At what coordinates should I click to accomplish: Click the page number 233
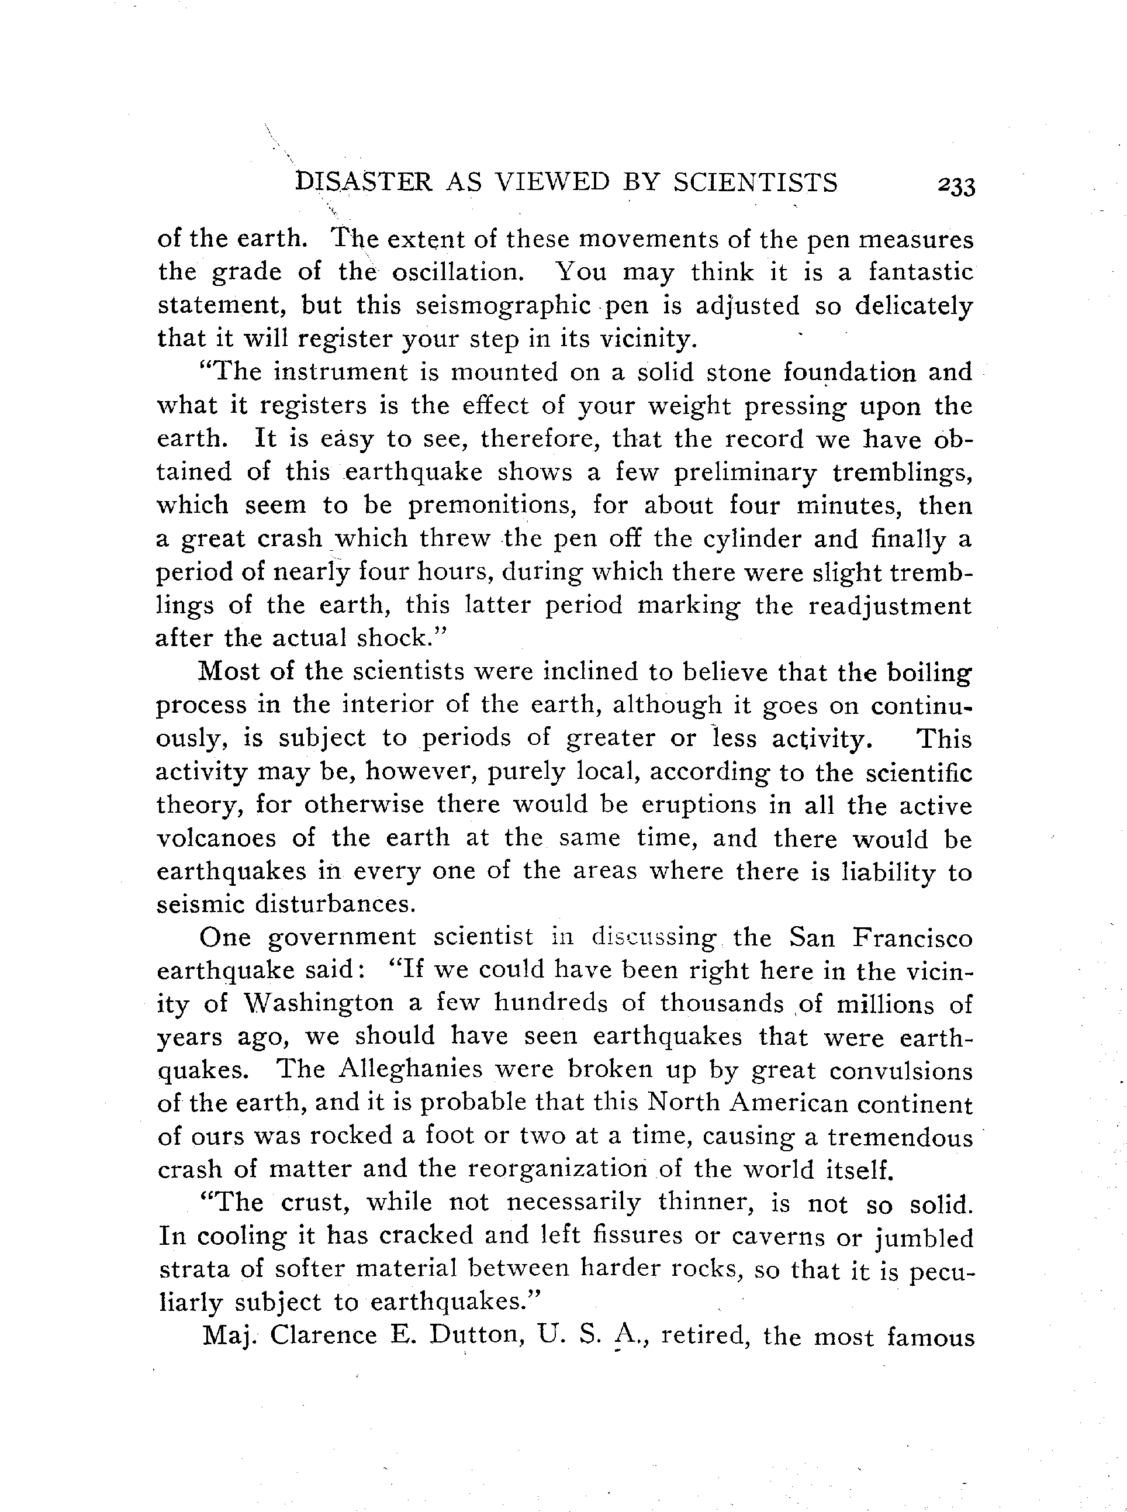(956, 187)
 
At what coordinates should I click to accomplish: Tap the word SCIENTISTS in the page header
(755, 182)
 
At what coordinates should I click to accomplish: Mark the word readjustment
(890, 606)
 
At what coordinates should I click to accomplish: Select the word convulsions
(901, 1070)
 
